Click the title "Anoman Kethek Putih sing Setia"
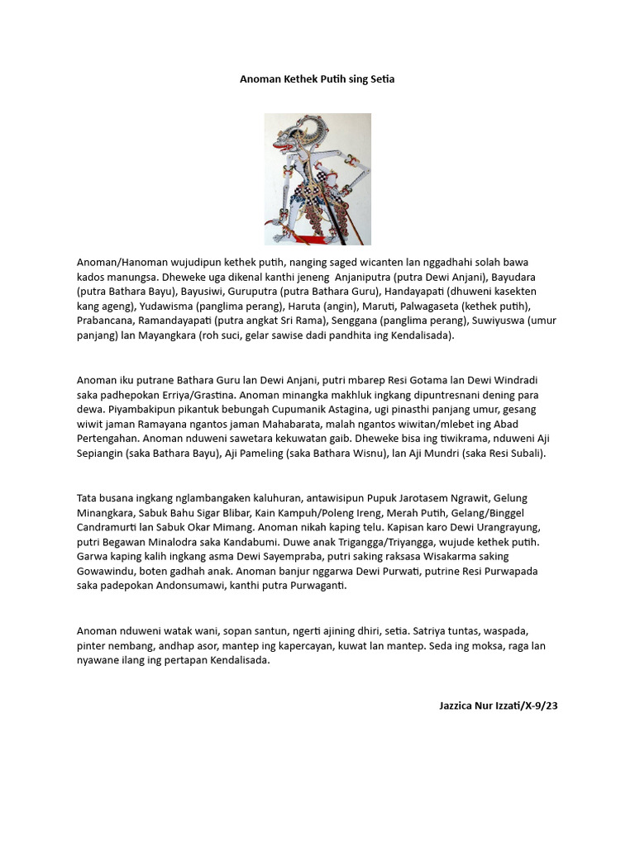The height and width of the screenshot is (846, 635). coord(317,79)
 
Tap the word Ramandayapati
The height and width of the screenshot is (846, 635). coord(176,321)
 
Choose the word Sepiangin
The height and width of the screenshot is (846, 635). coord(103,454)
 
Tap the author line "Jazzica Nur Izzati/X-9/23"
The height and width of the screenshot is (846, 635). coord(499,706)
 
